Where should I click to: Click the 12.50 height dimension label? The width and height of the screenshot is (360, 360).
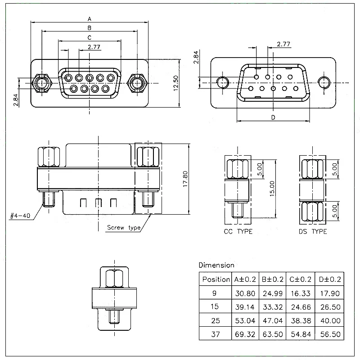[175, 83]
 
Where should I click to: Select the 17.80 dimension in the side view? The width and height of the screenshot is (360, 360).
[185, 179]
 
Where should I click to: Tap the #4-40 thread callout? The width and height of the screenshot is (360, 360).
[20, 216]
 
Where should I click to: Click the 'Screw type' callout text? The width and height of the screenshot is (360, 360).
[124, 227]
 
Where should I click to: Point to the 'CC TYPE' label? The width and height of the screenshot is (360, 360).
[238, 231]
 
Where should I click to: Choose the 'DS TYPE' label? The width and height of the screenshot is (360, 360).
[313, 231]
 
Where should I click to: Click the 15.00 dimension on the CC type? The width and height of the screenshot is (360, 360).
[272, 189]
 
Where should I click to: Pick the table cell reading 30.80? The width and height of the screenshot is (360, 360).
[245, 293]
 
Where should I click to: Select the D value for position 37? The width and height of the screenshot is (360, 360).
[330, 334]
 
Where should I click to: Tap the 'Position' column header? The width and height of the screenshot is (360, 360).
[216, 279]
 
